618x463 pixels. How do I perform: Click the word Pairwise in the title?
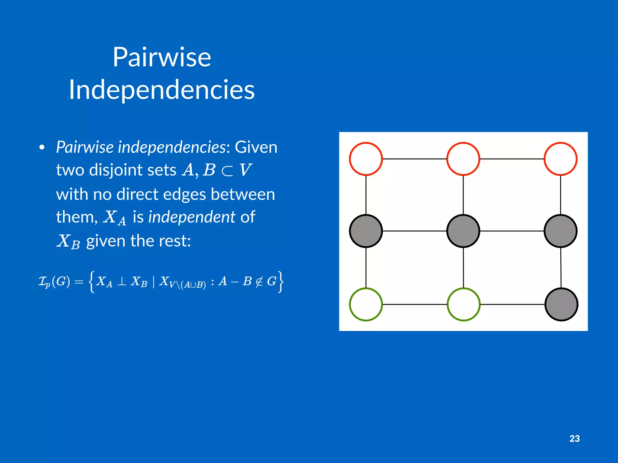pos(162,57)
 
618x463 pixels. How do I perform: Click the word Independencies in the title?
pos(162,90)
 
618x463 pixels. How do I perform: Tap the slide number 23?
pos(575,439)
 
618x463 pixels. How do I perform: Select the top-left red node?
pos(366,159)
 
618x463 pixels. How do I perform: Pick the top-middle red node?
pos(463,159)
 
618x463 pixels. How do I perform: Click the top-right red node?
pos(561,159)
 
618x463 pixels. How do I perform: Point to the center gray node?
pos(463,231)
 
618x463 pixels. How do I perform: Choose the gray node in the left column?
pos(366,231)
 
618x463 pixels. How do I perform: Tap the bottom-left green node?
pos(366,304)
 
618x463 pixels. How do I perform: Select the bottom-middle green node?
pos(463,304)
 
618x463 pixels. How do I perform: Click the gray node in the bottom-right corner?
pos(561,304)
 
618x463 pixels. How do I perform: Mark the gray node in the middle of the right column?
pos(561,231)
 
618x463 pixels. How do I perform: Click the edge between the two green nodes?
pos(415,304)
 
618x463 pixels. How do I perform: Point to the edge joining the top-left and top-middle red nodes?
pos(415,159)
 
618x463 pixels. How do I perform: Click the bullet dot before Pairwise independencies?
pos(42,147)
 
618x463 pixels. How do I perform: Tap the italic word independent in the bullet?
pos(192,217)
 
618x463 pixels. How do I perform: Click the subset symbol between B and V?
pos(227,171)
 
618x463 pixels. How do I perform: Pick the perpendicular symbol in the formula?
pos(122,282)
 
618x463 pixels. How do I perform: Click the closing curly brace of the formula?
pos(281,282)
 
